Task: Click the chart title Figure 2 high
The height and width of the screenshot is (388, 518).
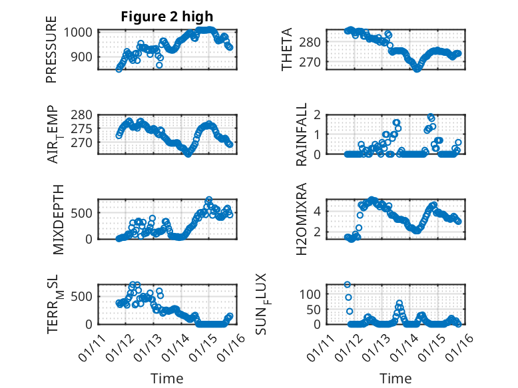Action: point(167,17)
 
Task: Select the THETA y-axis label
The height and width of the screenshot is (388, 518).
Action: point(287,49)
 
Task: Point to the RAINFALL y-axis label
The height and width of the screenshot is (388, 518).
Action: point(302,134)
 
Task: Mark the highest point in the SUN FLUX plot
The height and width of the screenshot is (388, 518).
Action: point(348,284)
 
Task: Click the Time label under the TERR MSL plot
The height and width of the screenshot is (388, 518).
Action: point(167,379)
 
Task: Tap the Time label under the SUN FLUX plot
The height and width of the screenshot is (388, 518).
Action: point(395,379)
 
